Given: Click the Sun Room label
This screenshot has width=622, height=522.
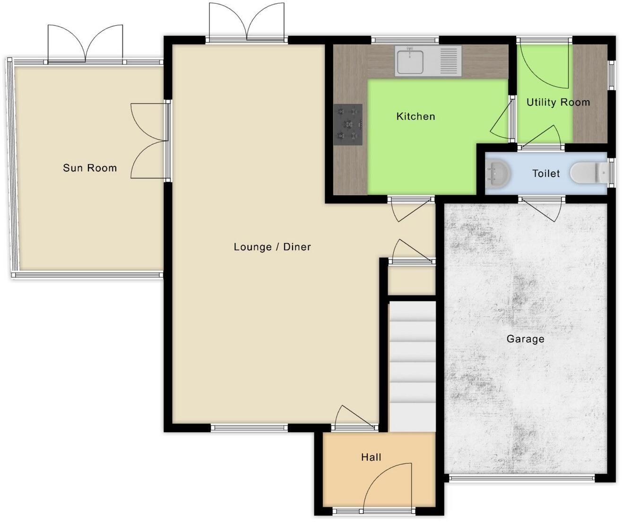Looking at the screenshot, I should click(90, 168).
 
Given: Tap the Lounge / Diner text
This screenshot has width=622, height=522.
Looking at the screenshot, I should click(272, 247).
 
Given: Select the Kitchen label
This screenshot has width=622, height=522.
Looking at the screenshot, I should click(415, 116).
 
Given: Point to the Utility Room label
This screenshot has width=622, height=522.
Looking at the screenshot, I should click(558, 102).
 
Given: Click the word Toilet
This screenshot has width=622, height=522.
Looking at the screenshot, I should click(546, 174).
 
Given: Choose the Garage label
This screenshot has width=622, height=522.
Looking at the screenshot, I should click(525, 339).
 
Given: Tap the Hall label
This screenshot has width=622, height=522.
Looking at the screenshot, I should click(371, 457).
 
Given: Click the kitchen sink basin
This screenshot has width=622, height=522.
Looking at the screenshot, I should click(410, 61).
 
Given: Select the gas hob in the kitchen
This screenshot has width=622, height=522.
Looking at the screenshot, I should click(348, 124).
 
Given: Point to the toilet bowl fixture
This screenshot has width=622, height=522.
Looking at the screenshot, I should click(586, 173).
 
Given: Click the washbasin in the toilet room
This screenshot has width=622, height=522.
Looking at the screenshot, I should click(497, 174).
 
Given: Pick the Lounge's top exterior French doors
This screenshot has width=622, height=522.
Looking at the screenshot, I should click(247, 23).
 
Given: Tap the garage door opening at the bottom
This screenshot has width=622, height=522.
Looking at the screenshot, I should click(522, 478).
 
